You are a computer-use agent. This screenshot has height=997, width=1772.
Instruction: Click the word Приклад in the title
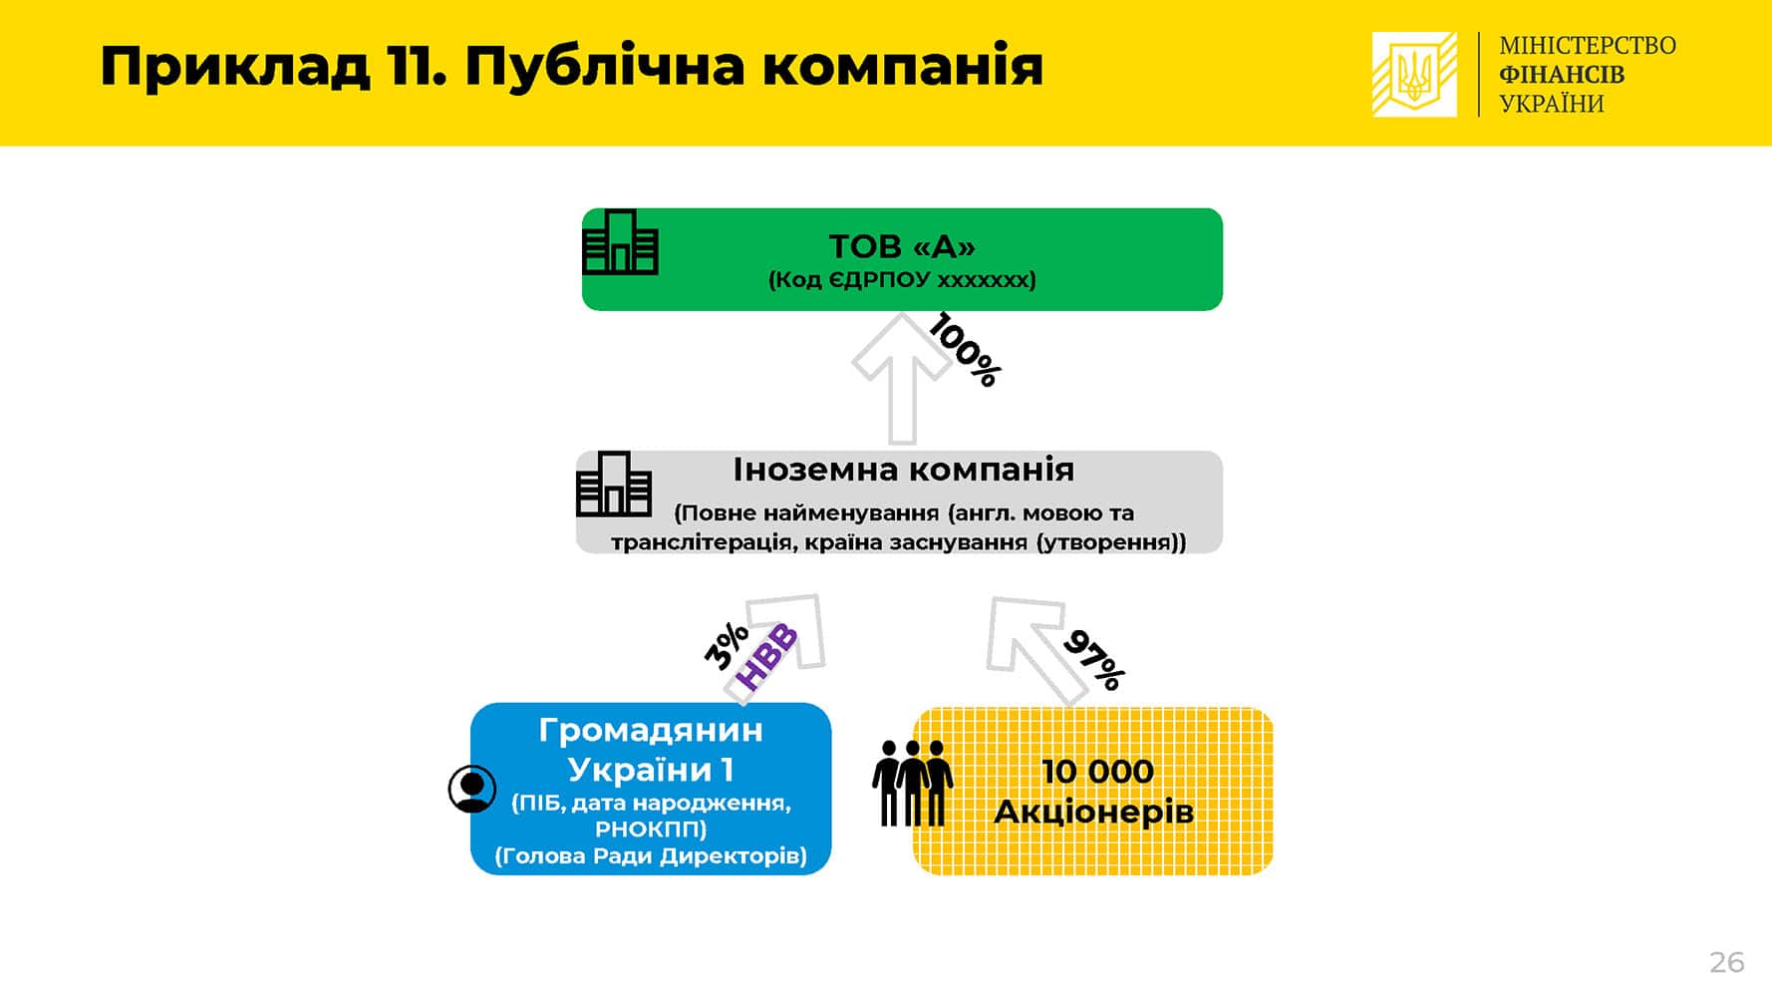pos(235,68)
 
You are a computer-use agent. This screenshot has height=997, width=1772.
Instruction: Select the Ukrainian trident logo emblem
pos(1414,75)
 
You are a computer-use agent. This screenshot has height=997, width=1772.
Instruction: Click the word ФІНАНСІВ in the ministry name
pos(1562,75)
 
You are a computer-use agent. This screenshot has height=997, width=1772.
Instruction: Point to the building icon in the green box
pos(620,241)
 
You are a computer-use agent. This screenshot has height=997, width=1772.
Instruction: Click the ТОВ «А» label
pos(902,245)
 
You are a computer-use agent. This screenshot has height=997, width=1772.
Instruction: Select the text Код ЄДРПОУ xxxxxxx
pos(902,280)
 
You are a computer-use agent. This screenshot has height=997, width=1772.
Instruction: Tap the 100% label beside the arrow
pos(965,349)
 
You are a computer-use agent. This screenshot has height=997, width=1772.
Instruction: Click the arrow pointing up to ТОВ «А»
pos(902,377)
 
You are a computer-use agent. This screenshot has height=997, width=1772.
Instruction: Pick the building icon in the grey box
pos(614,484)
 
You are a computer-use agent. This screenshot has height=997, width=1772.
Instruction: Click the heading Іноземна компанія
pos(903,470)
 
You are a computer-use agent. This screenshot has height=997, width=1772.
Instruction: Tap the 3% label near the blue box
pos(727,645)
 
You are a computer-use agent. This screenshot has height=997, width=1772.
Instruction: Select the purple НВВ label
pos(766,658)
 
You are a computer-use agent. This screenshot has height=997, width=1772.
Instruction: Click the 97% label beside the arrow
pos(1094,660)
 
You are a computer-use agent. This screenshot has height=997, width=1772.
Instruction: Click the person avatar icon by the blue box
pos(472,789)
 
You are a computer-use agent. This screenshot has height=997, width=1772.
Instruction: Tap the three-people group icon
pos(912,783)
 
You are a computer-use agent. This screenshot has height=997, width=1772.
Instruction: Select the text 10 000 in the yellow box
pos(1097,771)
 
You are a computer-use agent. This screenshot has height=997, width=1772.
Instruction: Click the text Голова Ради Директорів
pos(651,855)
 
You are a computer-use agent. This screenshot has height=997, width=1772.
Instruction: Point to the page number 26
pos(1727,962)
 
